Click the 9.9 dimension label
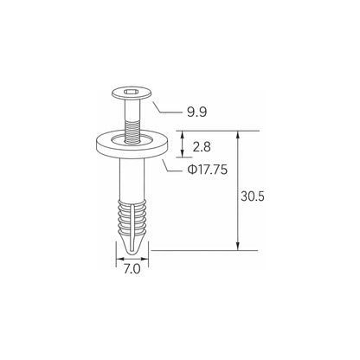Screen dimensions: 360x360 coord(197,112)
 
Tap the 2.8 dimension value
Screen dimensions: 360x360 coord(202,147)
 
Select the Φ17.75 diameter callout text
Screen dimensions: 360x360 coord(208,170)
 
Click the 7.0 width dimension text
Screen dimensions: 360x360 coord(132,269)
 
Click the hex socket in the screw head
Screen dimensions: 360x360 coord(132,93)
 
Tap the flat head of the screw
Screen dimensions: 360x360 coord(132,93)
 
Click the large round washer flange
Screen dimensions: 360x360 coord(132,145)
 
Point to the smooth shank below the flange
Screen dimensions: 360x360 coord(132,178)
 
